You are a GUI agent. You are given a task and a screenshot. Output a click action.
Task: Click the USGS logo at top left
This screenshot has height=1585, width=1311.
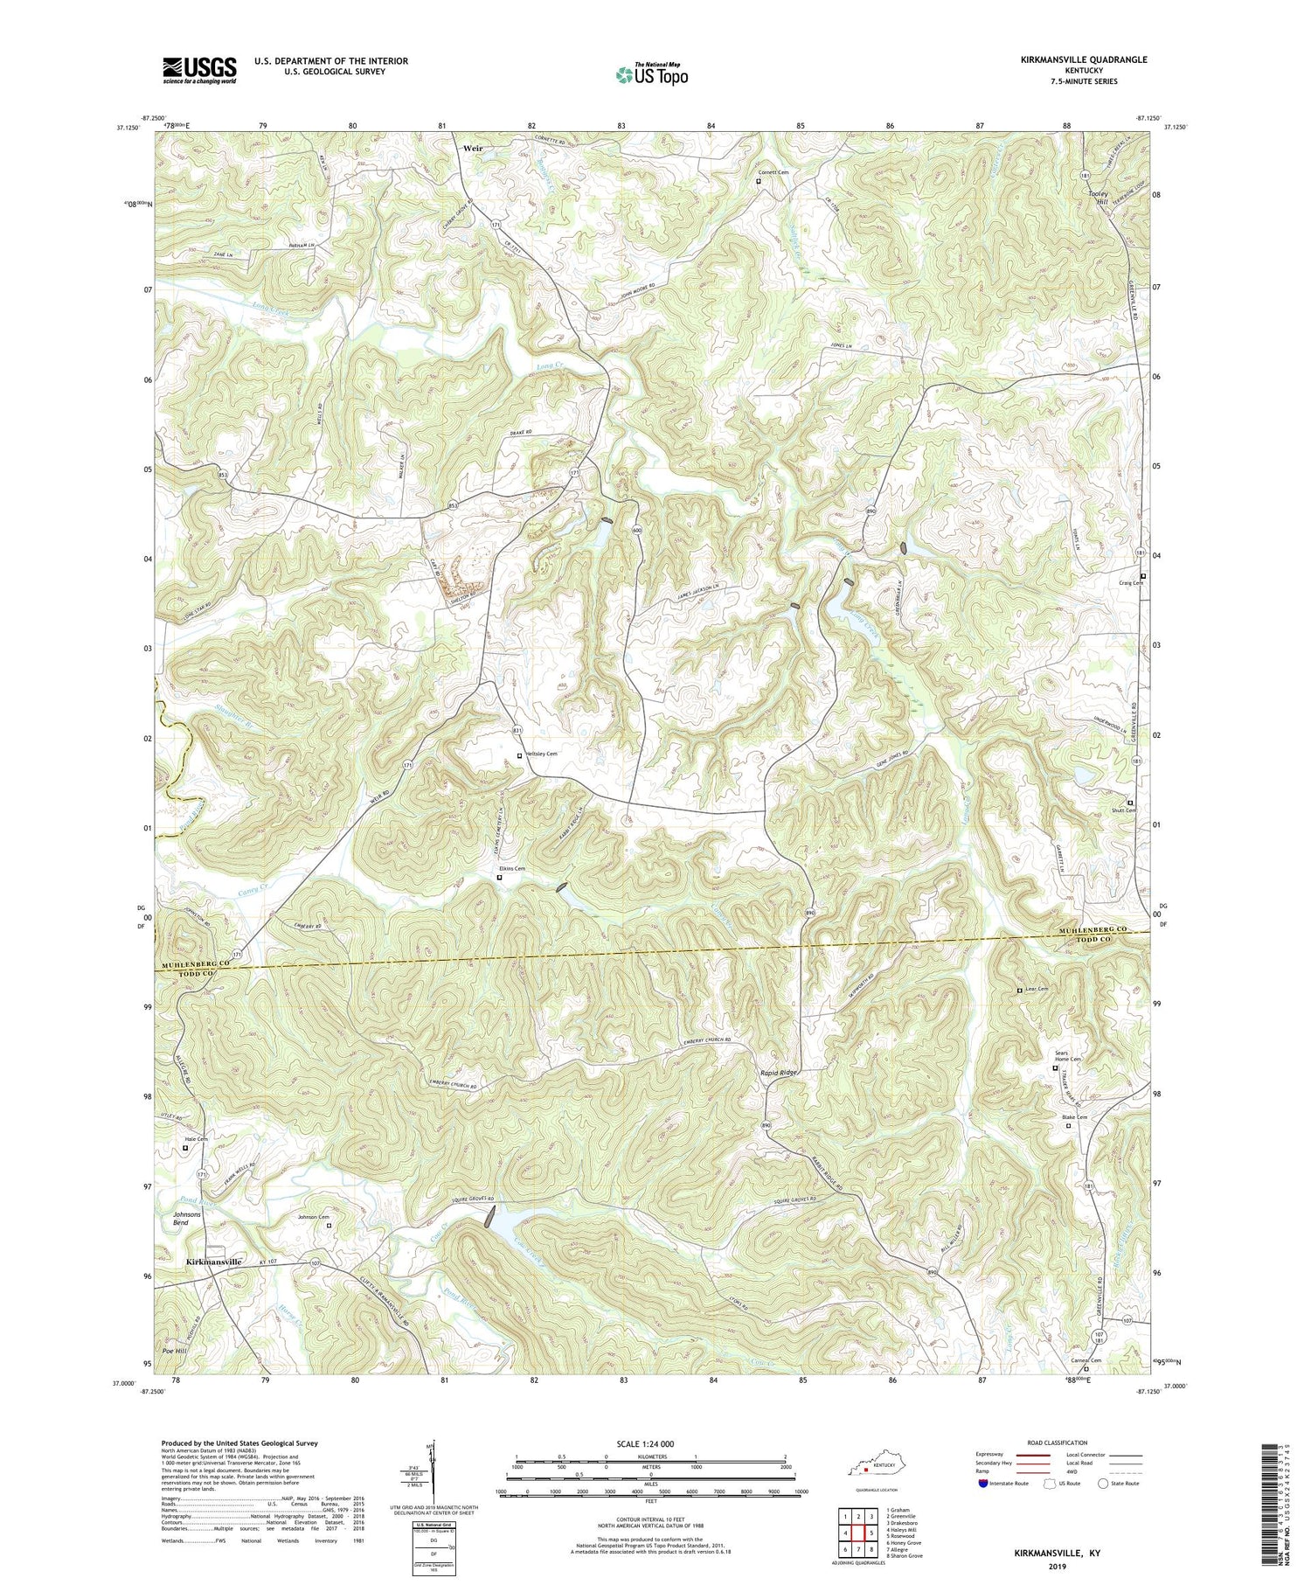(199, 70)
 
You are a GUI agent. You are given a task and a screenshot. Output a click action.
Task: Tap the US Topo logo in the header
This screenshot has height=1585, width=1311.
(651, 74)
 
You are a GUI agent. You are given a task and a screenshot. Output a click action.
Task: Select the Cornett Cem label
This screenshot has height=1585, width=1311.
(773, 172)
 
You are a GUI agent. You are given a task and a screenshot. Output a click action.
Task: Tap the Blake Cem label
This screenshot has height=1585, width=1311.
(1075, 1117)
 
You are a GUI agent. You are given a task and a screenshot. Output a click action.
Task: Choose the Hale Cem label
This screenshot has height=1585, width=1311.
(196, 1139)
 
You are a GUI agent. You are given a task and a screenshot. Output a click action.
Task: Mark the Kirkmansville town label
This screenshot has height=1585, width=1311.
(213, 1262)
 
